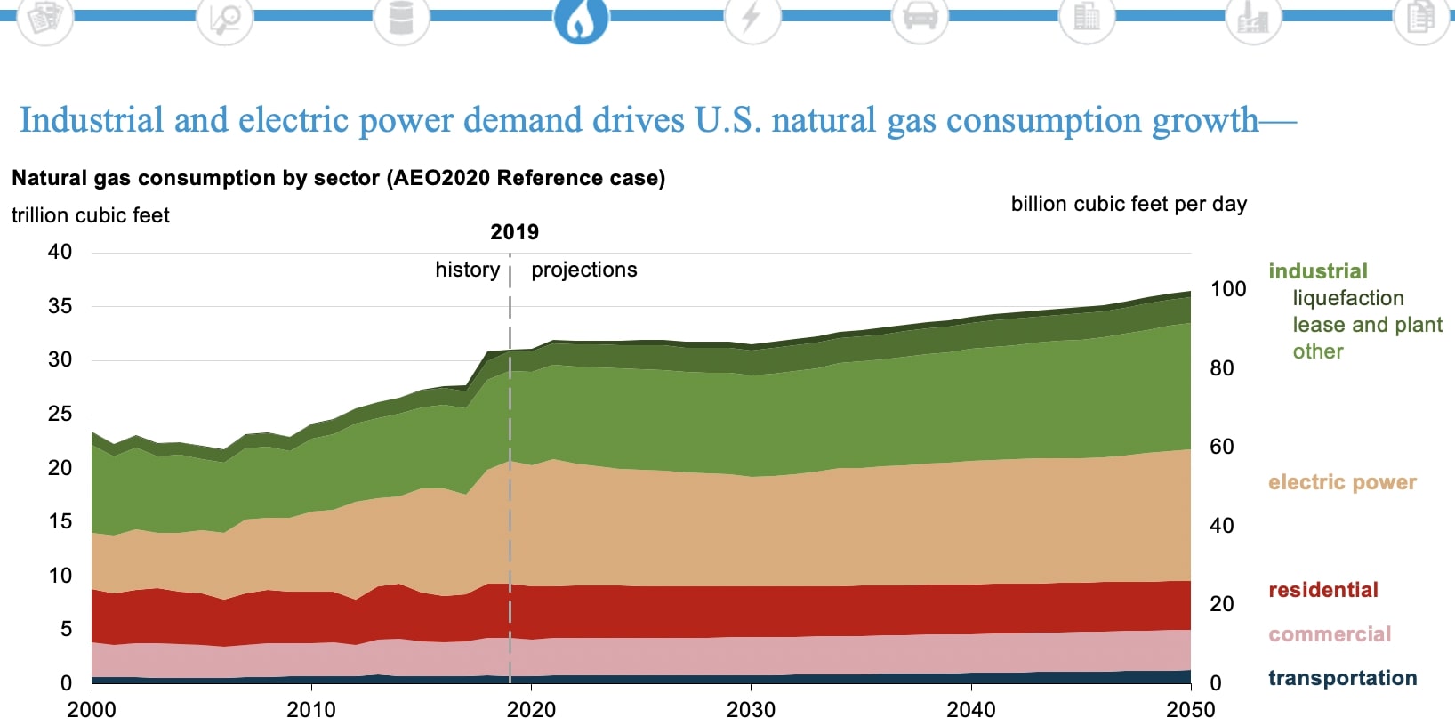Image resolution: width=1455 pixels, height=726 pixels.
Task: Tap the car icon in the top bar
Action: [x=920, y=17]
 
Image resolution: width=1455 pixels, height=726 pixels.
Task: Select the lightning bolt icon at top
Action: [x=752, y=17]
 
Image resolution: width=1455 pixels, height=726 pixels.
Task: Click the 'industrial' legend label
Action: [x=1317, y=271]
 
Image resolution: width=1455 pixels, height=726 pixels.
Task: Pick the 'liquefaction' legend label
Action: [x=1347, y=298]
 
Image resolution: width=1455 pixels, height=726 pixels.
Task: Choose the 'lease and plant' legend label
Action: [x=1367, y=325]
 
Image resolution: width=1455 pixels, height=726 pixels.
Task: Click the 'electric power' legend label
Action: [x=1341, y=482]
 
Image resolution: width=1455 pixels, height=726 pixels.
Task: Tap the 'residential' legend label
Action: [x=1322, y=590]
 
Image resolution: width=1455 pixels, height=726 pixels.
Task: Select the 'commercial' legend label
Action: [x=1329, y=634]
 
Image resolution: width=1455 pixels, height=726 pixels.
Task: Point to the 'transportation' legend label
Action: [x=1341, y=678]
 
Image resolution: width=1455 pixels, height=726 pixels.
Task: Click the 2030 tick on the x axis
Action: [x=751, y=709]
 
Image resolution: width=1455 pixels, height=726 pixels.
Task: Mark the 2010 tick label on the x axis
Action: [x=311, y=709]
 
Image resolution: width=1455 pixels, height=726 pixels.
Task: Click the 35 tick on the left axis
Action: [x=60, y=306]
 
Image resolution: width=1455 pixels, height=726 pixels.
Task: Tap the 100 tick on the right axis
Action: [x=1227, y=289]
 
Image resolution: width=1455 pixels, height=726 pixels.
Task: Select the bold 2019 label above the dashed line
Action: [x=514, y=232]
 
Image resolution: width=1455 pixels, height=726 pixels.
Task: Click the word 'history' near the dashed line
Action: [x=467, y=270]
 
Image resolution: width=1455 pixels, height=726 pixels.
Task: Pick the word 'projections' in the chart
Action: [x=583, y=270]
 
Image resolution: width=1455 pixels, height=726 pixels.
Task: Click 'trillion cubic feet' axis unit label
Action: [x=90, y=215]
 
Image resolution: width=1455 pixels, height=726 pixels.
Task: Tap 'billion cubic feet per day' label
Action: [x=1128, y=204]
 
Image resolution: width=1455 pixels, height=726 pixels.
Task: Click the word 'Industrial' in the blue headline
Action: [x=92, y=120]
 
